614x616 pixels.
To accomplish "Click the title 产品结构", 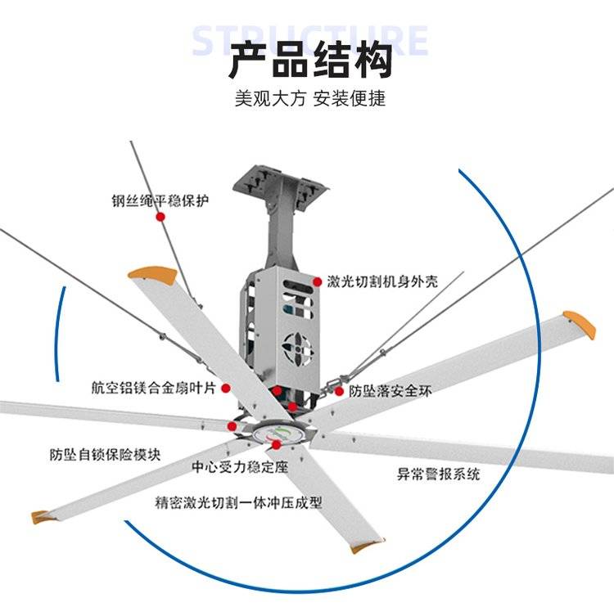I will [x=309, y=59].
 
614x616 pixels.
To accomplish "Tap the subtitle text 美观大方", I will [x=269, y=99].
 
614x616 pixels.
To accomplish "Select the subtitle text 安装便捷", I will [x=350, y=99].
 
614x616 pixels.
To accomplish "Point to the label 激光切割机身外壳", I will [x=381, y=281].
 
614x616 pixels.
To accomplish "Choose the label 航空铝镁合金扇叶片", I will [x=156, y=388].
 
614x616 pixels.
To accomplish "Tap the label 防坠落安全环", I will [x=391, y=392].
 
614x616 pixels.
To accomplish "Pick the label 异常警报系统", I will [x=438, y=474].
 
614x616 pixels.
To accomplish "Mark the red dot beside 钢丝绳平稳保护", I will [x=161, y=217].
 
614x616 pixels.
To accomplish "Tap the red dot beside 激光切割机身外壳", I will [x=316, y=281].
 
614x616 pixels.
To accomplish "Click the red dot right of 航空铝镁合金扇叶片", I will [x=226, y=390].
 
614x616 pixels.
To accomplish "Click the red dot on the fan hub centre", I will [x=276, y=444].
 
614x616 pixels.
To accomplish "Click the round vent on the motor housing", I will [x=299, y=347].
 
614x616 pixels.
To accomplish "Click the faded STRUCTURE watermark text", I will [x=309, y=39].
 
